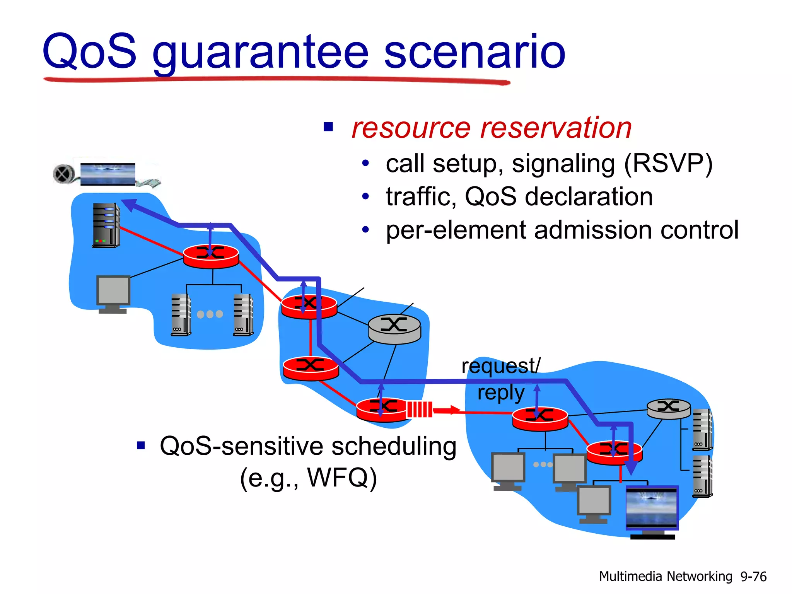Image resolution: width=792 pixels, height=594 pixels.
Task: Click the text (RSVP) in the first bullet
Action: coord(668,164)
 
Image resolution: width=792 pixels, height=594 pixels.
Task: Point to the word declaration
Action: coord(589,197)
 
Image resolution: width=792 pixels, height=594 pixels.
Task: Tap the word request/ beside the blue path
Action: coord(501,366)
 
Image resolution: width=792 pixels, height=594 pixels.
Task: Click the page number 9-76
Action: coord(753,577)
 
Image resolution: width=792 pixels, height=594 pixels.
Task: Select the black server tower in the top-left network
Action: coord(106,225)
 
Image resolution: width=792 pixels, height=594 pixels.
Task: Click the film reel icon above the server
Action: coord(64,174)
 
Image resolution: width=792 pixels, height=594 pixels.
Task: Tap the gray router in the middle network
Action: coord(394,329)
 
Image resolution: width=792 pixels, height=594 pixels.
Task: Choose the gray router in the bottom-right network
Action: coord(669,408)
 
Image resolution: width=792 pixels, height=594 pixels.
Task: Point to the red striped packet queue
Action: coord(419,410)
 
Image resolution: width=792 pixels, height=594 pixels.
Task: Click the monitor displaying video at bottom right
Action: coord(652,508)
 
